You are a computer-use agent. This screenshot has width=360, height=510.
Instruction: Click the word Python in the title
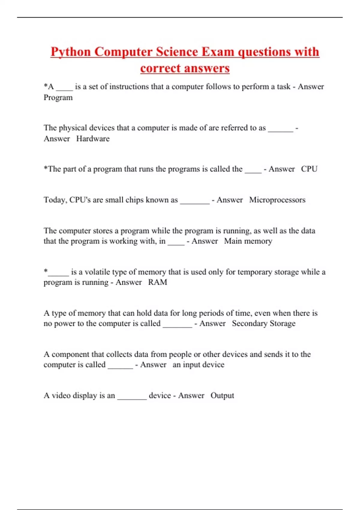tap(70, 52)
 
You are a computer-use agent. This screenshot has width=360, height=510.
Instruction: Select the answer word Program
tap(58, 97)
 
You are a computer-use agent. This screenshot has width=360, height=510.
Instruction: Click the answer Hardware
tap(93, 139)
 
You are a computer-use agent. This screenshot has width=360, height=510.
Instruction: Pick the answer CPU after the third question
tap(309, 169)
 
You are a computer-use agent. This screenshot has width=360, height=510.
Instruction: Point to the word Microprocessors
tap(277, 200)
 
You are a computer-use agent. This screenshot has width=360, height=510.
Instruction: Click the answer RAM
tap(157, 282)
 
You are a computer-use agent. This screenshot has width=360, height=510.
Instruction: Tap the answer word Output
tap(222, 395)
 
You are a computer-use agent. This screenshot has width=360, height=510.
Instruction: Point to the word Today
tap(55, 200)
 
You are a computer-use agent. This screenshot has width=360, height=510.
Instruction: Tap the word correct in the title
tap(157, 68)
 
